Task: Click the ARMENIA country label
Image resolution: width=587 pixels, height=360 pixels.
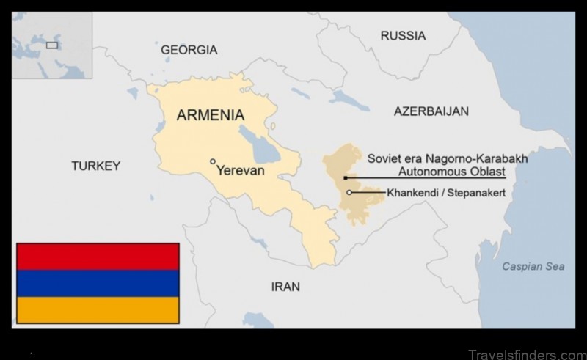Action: [x=210, y=115]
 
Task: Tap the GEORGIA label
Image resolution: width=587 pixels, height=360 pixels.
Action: [x=189, y=50]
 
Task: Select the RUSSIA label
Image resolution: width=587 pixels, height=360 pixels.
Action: [x=403, y=35]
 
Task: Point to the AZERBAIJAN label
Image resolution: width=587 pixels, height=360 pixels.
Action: [x=431, y=111]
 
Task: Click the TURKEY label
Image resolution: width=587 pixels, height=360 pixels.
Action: [x=95, y=166]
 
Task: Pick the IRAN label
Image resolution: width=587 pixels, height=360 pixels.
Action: [x=285, y=287]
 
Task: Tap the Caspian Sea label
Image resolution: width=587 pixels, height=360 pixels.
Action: [x=533, y=266]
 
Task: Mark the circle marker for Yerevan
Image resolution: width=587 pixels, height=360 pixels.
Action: [x=213, y=161]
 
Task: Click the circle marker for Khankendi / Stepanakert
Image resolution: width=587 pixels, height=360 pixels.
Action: [x=349, y=193]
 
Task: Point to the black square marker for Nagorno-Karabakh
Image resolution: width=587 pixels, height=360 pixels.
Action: [x=345, y=177]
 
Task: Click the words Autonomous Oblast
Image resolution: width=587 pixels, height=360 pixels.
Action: [x=451, y=172]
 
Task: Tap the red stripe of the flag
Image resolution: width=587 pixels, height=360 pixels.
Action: [x=98, y=257]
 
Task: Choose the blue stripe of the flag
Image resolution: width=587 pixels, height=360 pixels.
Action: [x=98, y=283]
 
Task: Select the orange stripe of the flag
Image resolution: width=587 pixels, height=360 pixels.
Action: [x=98, y=309]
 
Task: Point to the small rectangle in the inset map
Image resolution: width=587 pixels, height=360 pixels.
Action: [x=52, y=45]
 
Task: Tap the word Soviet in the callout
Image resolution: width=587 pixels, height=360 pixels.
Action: [x=383, y=158]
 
